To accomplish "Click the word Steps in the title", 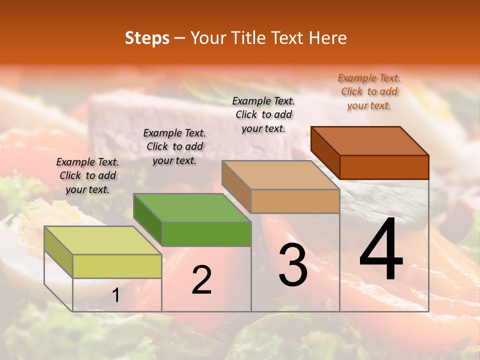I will pos(147,38).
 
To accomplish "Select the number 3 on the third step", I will pos(292,265).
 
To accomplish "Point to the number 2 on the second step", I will pos(201,280).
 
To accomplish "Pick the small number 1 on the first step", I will pos(115,295).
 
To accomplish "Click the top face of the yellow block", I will pos(102,240).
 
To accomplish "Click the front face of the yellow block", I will pos(117,266).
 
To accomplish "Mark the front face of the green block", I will pos(206,234).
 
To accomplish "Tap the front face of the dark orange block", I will pos(384,167).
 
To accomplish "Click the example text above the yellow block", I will pos(87,175).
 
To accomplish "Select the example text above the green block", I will pos(174,146).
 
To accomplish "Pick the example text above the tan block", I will pos(263,114).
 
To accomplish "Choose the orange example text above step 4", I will pos(369,91).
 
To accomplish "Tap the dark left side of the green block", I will pos(147,219).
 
